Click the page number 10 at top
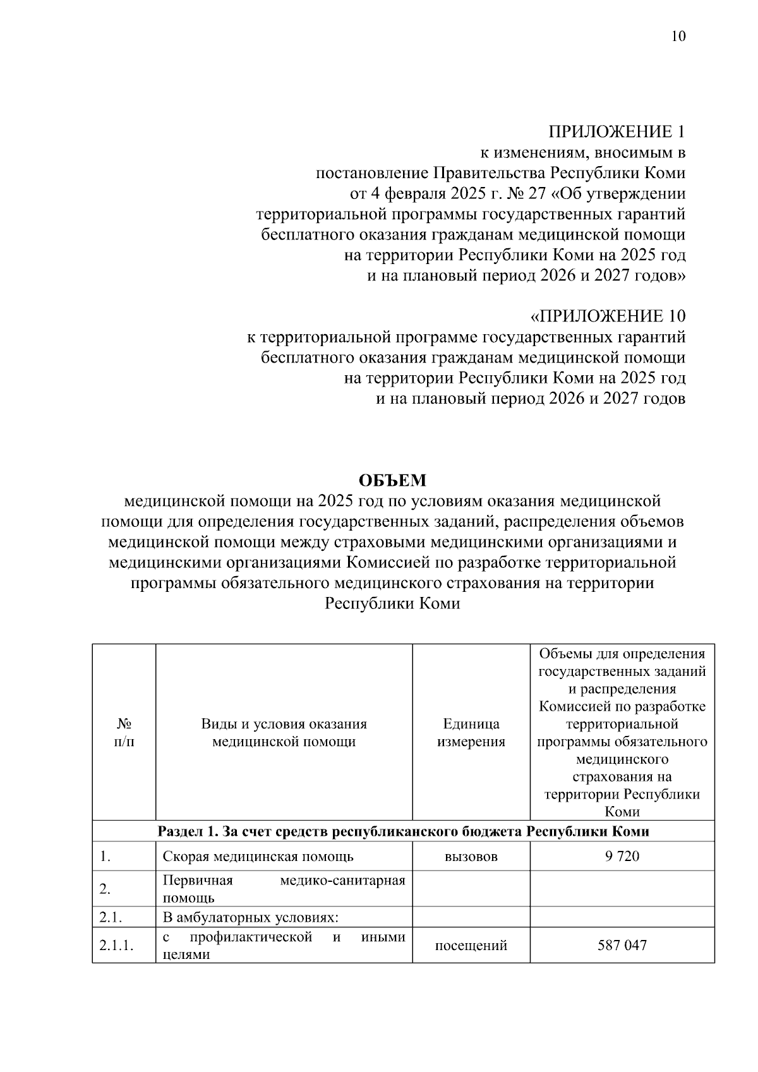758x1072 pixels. [677, 36]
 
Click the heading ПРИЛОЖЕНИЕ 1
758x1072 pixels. [617, 133]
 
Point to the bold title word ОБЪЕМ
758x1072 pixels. [392, 481]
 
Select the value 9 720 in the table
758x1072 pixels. [622, 857]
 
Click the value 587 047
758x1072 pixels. [622, 946]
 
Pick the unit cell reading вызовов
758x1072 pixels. [471, 857]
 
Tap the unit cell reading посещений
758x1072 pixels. [471, 946]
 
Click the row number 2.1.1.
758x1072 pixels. [117, 946]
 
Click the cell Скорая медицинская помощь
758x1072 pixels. [258, 857]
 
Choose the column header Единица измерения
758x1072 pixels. [471, 733]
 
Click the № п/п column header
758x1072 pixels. [124, 733]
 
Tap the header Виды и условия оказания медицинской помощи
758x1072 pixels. [284, 733]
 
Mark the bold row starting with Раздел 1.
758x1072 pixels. [403, 831]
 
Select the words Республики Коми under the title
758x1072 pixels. [392, 603]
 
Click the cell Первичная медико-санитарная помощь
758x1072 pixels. [284, 889]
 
